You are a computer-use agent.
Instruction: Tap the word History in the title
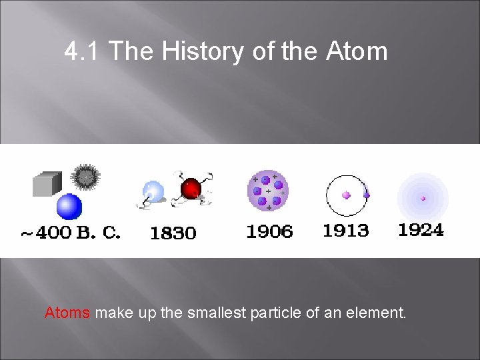(x=204, y=51)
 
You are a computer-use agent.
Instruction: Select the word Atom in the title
(x=357, y=51)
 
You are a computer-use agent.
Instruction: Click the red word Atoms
(x=67, y=312)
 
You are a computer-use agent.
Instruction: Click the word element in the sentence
(x=379, y=312)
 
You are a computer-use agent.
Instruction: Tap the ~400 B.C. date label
(x=70, y=233)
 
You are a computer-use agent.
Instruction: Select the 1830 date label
(x=173, y=233)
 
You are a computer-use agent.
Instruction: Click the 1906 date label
(x=269, y=231)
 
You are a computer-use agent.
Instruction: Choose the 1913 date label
(x=345, y=231)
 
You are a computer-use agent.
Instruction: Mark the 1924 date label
(x=421, y=230)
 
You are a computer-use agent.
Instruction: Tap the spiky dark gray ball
(x=85, y=177)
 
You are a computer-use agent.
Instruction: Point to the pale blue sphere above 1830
(x=154, y=192)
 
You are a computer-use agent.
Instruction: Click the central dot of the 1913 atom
(x=346, y=195)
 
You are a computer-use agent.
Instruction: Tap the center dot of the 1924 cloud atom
(x=423, y=198)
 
